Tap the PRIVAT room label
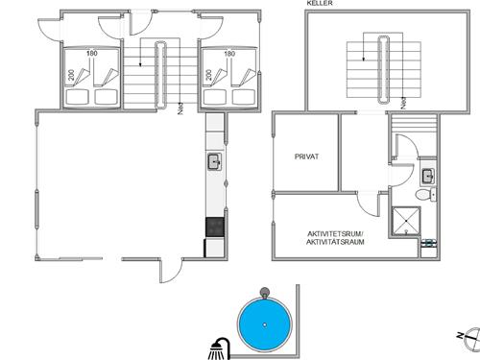pyautogui.click(x=306, y=156)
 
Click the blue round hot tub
pyautogui.click(x=263, y=324)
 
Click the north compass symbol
pyautogui.click(x=461, y=335)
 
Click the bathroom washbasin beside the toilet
pyautogui.click(x=426, y=175)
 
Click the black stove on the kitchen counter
pyautogui.click(x=214, y=228)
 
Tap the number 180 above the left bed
pyautogui.click(x=92, y=54)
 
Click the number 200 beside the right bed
pyautogui.click(x=207, y=74)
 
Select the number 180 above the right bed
pyautogui.click(x=228, y=54)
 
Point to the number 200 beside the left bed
pyautogui.click(x=71, y=74)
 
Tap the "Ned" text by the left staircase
pyautogui.click(x=182, y=110)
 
